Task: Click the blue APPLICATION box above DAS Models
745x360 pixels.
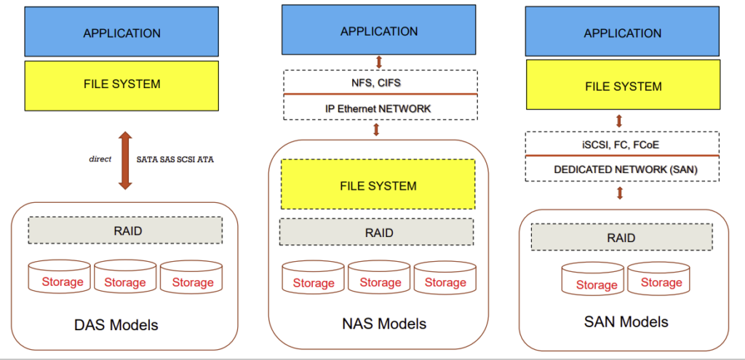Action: (x=121, y=32)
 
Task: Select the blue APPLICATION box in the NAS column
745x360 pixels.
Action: (x=379, y=31)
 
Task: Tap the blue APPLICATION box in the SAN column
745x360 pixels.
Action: (x=624, y=33)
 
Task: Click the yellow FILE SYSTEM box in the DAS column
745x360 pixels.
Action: (x=121, y=84)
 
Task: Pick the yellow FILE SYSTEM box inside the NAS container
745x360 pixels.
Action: (x=378, y=185)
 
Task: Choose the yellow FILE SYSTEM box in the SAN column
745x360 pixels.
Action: (x=624, y=86)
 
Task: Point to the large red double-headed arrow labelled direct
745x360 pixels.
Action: (x=124, y=161)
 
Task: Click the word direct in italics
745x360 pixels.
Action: (x=100, y=158)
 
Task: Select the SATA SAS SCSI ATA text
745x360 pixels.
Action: (x=175, y=159)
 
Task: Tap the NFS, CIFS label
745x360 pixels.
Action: (x=378, y=82)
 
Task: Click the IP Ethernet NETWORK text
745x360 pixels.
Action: (x=378, y=108)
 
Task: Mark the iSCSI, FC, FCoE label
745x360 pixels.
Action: (x=621, y=144)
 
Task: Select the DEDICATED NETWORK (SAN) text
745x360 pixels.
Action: (x=621, y=169)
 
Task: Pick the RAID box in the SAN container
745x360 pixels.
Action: (x=621, y=238)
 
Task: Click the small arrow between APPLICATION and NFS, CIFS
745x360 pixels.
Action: (x=379, y=61)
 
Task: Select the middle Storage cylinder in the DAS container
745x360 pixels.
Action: (x=125, y=279)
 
